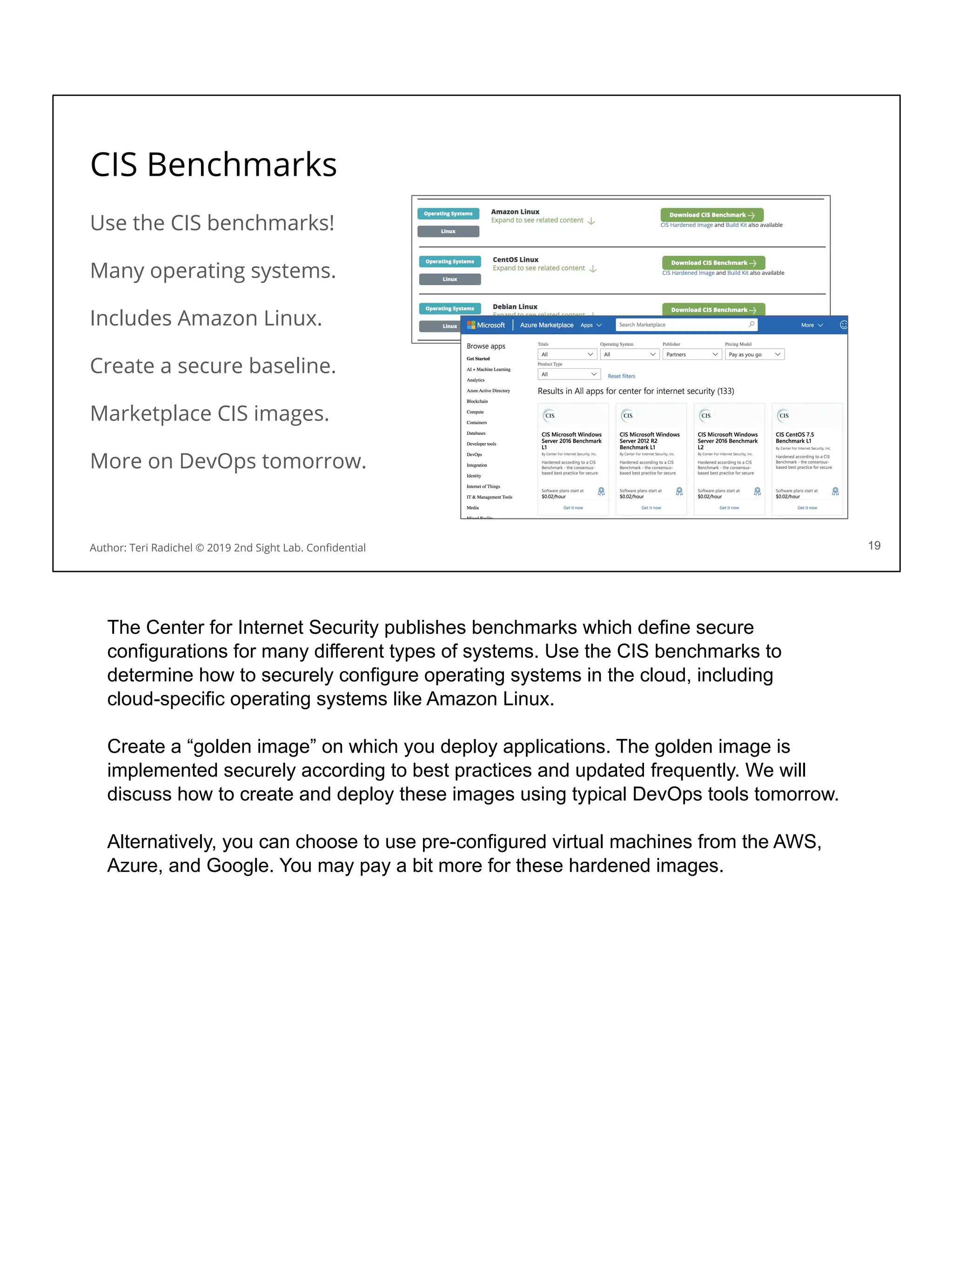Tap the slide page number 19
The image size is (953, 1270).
tap(874, 545)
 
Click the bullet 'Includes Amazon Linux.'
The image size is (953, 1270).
tap(206, 318)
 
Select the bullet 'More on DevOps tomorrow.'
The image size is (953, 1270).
tap(228, 461)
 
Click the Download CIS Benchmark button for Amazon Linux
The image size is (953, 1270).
tap(711, 215)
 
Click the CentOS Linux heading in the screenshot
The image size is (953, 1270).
tap(515, 259)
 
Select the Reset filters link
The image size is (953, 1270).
tap(621, 376)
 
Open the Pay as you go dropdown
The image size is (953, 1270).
tap(754, 355)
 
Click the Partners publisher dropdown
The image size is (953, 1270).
tap(691, 355)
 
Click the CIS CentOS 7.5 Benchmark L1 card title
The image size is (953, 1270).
tap(795, 438)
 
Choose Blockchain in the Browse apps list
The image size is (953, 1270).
tap(477, 401)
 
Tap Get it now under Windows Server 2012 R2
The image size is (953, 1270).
tap(651, 507)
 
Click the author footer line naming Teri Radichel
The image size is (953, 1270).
tap(228, 548)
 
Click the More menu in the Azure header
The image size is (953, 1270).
tap(811, 325)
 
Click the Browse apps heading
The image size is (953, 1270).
tap(485, 346)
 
